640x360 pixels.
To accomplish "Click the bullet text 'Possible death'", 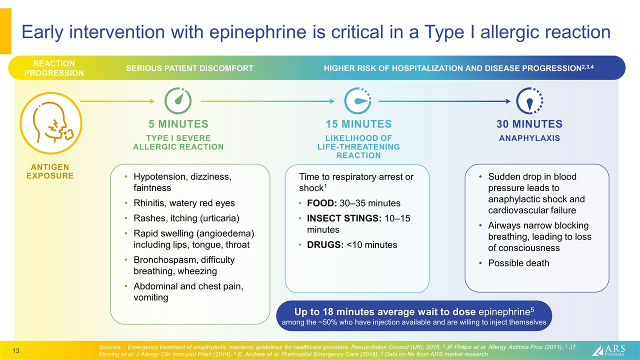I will coord(518,263).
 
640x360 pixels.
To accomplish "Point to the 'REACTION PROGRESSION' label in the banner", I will coord(54,68).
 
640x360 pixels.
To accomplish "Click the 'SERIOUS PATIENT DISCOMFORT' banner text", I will coord(189,68).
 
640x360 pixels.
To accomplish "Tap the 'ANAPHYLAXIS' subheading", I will coord(529,138).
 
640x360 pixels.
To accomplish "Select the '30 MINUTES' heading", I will coord(529,124).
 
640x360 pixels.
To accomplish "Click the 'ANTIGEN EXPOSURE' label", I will coord(49,171).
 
